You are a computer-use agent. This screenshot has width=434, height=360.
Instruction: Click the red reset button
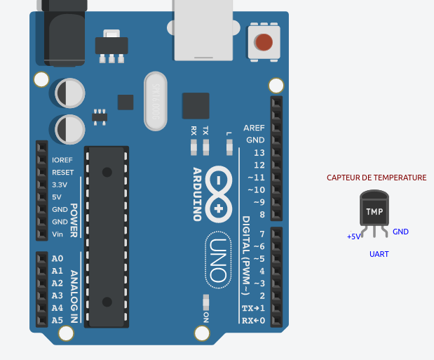(x=264, y=42)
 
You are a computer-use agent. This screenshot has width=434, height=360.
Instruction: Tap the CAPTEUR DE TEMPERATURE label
(x=377, y=178)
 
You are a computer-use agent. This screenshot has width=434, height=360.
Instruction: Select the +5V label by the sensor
(x=354, y=236)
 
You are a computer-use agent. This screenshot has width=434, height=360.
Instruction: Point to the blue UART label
(x=379, y=254)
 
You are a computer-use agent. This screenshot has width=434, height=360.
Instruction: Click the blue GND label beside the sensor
(x=400, y=232)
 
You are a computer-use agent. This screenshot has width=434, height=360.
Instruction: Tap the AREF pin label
(x=254, y=128)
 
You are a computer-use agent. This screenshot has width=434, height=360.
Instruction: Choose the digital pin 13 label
(x=259, y=152)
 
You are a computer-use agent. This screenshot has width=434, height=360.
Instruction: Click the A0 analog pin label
(x=57, y=258)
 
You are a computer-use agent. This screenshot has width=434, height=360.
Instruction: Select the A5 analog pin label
(x=57, y=320)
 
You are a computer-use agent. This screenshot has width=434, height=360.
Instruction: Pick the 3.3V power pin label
(x=60, y=185)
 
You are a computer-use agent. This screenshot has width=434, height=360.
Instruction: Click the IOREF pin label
(x=62, y=160)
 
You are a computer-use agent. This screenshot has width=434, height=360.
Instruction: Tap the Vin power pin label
(x=57, y=234)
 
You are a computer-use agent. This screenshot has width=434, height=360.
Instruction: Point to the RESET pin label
(x=62, y=172)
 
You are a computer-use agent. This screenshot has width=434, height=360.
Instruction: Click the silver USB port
(x=203, y=32)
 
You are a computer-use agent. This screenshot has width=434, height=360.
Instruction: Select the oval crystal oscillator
(x=157, y=101)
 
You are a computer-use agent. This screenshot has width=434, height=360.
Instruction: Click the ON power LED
(x=205, y=302)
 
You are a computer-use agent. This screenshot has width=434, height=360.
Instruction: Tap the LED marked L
(x=229, y=147)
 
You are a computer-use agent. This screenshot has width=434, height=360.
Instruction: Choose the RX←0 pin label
(x=254, y=321)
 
